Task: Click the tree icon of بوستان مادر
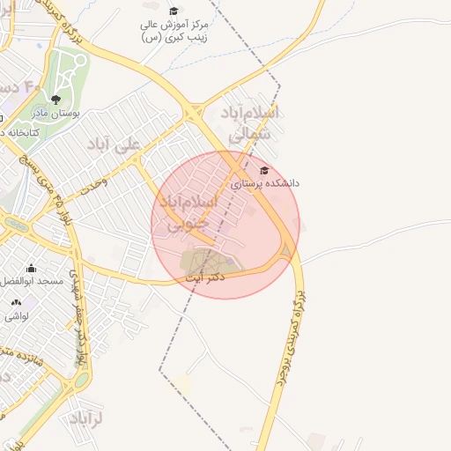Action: pos(56,100)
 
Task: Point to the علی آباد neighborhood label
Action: pos(115,144)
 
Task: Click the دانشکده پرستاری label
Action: pos(265,183)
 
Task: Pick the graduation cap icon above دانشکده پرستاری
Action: pos(263,170)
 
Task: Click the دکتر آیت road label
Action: pos(206,277)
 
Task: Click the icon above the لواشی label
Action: pos(16,302)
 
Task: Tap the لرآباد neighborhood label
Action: pos(85,417)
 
